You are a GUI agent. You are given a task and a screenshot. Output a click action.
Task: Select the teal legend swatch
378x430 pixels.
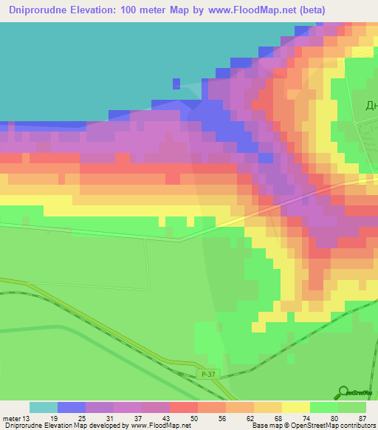pos(43,406)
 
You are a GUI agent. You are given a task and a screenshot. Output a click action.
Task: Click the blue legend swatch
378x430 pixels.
pos(71,406)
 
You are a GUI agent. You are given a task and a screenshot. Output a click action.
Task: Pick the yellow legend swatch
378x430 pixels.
pos(295,406)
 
